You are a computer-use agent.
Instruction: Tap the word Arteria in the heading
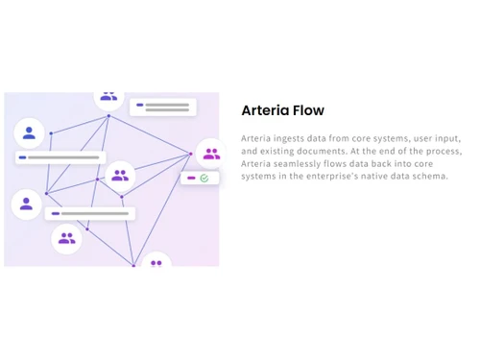(x=265, y=110)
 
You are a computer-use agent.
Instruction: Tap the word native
(x=400, y=176)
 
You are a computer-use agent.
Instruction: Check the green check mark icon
(x=204, y=179)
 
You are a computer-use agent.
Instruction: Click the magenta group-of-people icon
(x=211, y=154)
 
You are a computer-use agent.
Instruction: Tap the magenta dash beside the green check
(x=191, y=179)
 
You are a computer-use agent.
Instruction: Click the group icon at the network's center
(x=120, y=176)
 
